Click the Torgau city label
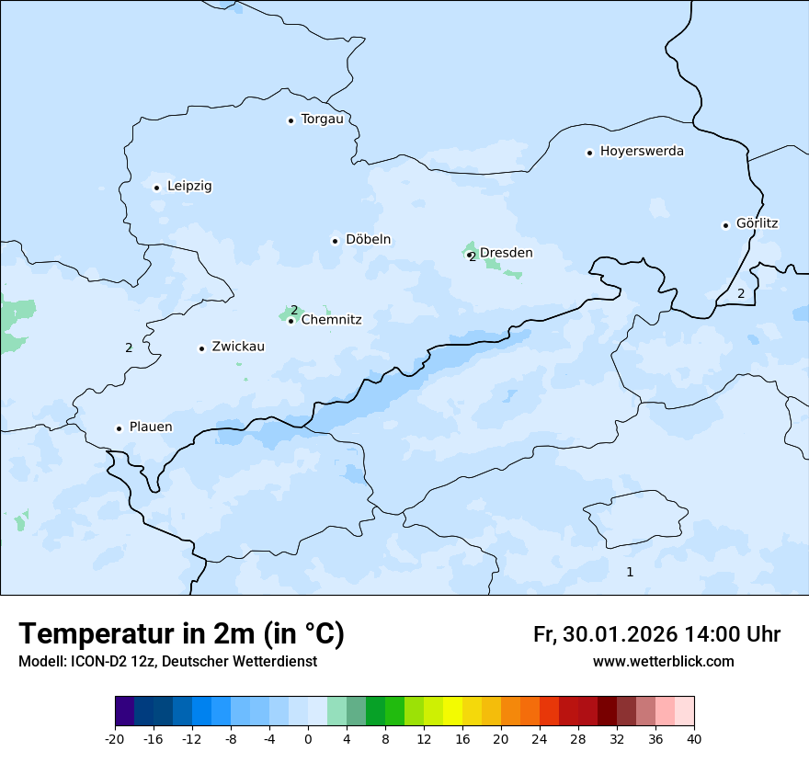(322, 120)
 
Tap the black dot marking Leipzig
(156, 188)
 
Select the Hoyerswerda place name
(642, 152)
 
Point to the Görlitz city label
(757, 223)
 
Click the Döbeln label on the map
(368, 240)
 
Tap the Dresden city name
(506, 253)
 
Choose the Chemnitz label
(331, 320)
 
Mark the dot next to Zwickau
(201, 348)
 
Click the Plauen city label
(150, 427)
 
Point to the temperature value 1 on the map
(630, 572)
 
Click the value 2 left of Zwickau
(129, 347)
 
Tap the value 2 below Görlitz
(741, 294)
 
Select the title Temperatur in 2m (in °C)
(181, 633)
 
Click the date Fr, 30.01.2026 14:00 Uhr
(656, 634)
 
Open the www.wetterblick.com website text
(663, 662)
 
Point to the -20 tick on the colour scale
(115, 739)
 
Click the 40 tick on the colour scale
(694, 739)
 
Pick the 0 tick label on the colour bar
(308, 739)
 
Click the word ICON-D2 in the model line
(97, 662)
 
